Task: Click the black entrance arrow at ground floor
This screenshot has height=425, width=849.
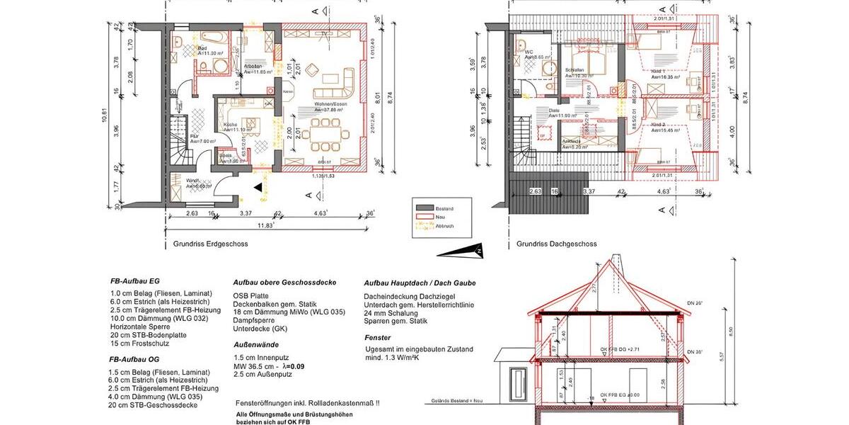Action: [259, 187]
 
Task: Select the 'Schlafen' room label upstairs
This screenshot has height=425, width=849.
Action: [575, 70]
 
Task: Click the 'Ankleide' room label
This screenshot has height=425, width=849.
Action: [572, 141]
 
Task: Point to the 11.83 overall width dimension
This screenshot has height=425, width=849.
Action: [266, 226]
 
